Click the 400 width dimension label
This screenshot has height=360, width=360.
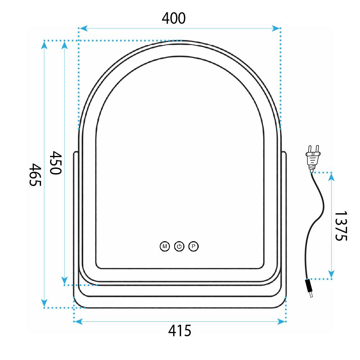(x=174, y=18)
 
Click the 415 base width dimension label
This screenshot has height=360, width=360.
(x=180, y=330)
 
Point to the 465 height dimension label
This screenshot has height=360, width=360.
(x=35, y=175)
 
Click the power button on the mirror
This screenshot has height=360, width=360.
(x=179, y=247)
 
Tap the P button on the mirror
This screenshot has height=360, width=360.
(x=194, y=247)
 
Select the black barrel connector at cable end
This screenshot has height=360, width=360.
(x=309, y=289)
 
